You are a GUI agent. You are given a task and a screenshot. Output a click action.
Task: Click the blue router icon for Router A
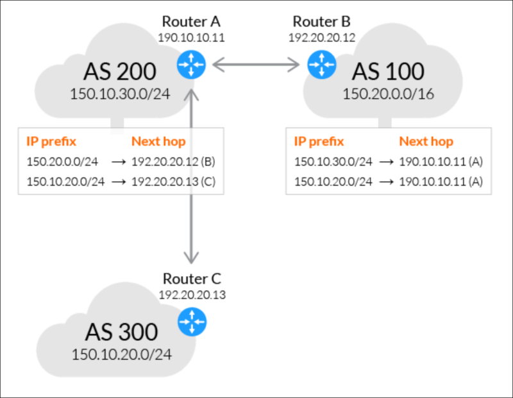[x=191, y=65]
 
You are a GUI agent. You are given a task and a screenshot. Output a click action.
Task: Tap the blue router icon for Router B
[x=322, y=65]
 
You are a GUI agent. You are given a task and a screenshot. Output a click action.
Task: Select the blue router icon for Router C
[x=192, y=322]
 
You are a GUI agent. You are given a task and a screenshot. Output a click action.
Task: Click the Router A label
[x=191, y=22]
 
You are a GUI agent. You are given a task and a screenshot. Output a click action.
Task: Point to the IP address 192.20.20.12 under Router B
[x=322, y=37]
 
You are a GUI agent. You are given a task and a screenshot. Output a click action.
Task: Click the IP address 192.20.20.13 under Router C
[x=192, y=295]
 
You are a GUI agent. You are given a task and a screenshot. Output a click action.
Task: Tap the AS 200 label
[x=120, y=71]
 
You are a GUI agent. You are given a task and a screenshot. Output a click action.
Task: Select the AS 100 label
[x=388, y=71]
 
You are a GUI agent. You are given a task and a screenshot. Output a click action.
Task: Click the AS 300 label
[x=121, y=332]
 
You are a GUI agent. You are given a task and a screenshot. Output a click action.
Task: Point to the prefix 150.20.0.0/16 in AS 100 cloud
[x=388, y=94]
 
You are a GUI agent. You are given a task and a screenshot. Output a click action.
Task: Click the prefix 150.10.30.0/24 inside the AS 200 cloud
[x=120, y=94]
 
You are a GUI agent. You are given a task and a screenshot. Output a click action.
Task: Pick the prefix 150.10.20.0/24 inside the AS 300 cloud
[x=121, y=354]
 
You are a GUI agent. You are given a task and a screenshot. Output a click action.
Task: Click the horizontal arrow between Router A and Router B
[x=256, y=65]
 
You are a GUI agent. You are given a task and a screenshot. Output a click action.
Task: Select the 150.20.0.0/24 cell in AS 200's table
[x=62, y=162]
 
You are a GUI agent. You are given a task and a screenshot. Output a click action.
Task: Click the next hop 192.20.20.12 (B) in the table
[x=173, y=162]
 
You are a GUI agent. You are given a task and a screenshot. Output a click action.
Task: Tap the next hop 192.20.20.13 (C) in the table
[x=173, y=182]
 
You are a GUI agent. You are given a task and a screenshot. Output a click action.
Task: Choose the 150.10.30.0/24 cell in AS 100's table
[x=333, y=162]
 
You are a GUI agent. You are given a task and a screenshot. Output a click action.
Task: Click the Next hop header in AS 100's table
[x=426, y=141]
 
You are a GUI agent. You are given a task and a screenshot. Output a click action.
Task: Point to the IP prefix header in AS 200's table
[x=51, y=141]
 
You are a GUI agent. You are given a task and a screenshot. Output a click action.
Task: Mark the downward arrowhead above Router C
[x=191, y=258]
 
